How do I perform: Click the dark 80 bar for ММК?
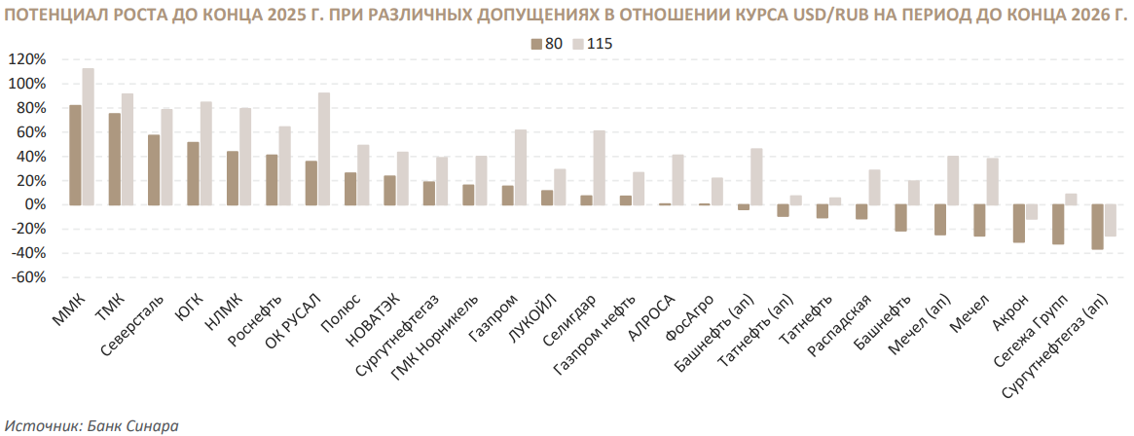[x=76, y=155]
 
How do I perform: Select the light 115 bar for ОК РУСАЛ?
[x=324, y=149]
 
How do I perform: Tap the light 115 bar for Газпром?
[x=521, y=167]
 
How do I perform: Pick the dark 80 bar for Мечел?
[x=979, y=220]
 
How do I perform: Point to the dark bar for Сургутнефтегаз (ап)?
[x=1098, y=227]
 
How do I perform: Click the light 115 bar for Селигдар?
[x=599, y=167]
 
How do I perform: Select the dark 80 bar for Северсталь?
[x=154, y=169]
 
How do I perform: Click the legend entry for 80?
[x=545, y=44]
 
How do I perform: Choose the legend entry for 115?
[x=592, y=44]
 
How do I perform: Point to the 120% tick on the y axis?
[x=26, y=59]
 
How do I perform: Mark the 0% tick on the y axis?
[x=32, y=204]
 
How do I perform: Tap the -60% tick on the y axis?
[x=26, y=277]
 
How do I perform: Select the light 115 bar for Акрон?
[x=1031, y=212]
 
